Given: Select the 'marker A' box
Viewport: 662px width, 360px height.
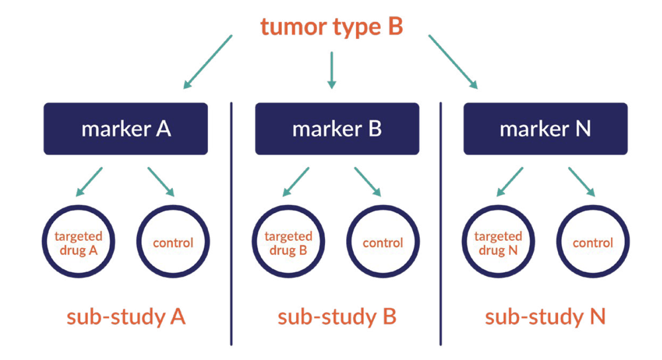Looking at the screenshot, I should (x=126, y=128).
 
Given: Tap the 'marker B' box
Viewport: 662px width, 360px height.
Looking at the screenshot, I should (x=337, y=128).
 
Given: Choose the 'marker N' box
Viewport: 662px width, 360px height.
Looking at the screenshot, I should (x=545, y=128).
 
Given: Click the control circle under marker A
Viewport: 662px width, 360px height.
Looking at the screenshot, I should (x=173, y=243).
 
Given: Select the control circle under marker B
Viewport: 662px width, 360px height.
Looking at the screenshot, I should (x=383, y=243).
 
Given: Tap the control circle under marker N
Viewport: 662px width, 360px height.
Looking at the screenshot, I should (x=592, y=243).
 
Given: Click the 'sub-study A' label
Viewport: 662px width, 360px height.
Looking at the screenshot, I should (x=126, y=317).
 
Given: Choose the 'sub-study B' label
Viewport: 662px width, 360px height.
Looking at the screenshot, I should (x=337, y=317).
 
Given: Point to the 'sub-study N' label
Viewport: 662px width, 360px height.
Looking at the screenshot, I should (x=545, y=317).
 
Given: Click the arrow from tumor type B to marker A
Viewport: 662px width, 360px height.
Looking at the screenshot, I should (x=209, y=62).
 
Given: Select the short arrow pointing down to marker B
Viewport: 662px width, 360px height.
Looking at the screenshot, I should (x=332, y=70).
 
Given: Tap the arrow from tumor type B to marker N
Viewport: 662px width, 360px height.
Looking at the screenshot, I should (x=453, y=62).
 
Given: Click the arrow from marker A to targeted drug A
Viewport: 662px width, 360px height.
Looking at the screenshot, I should (x=89, y=182).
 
